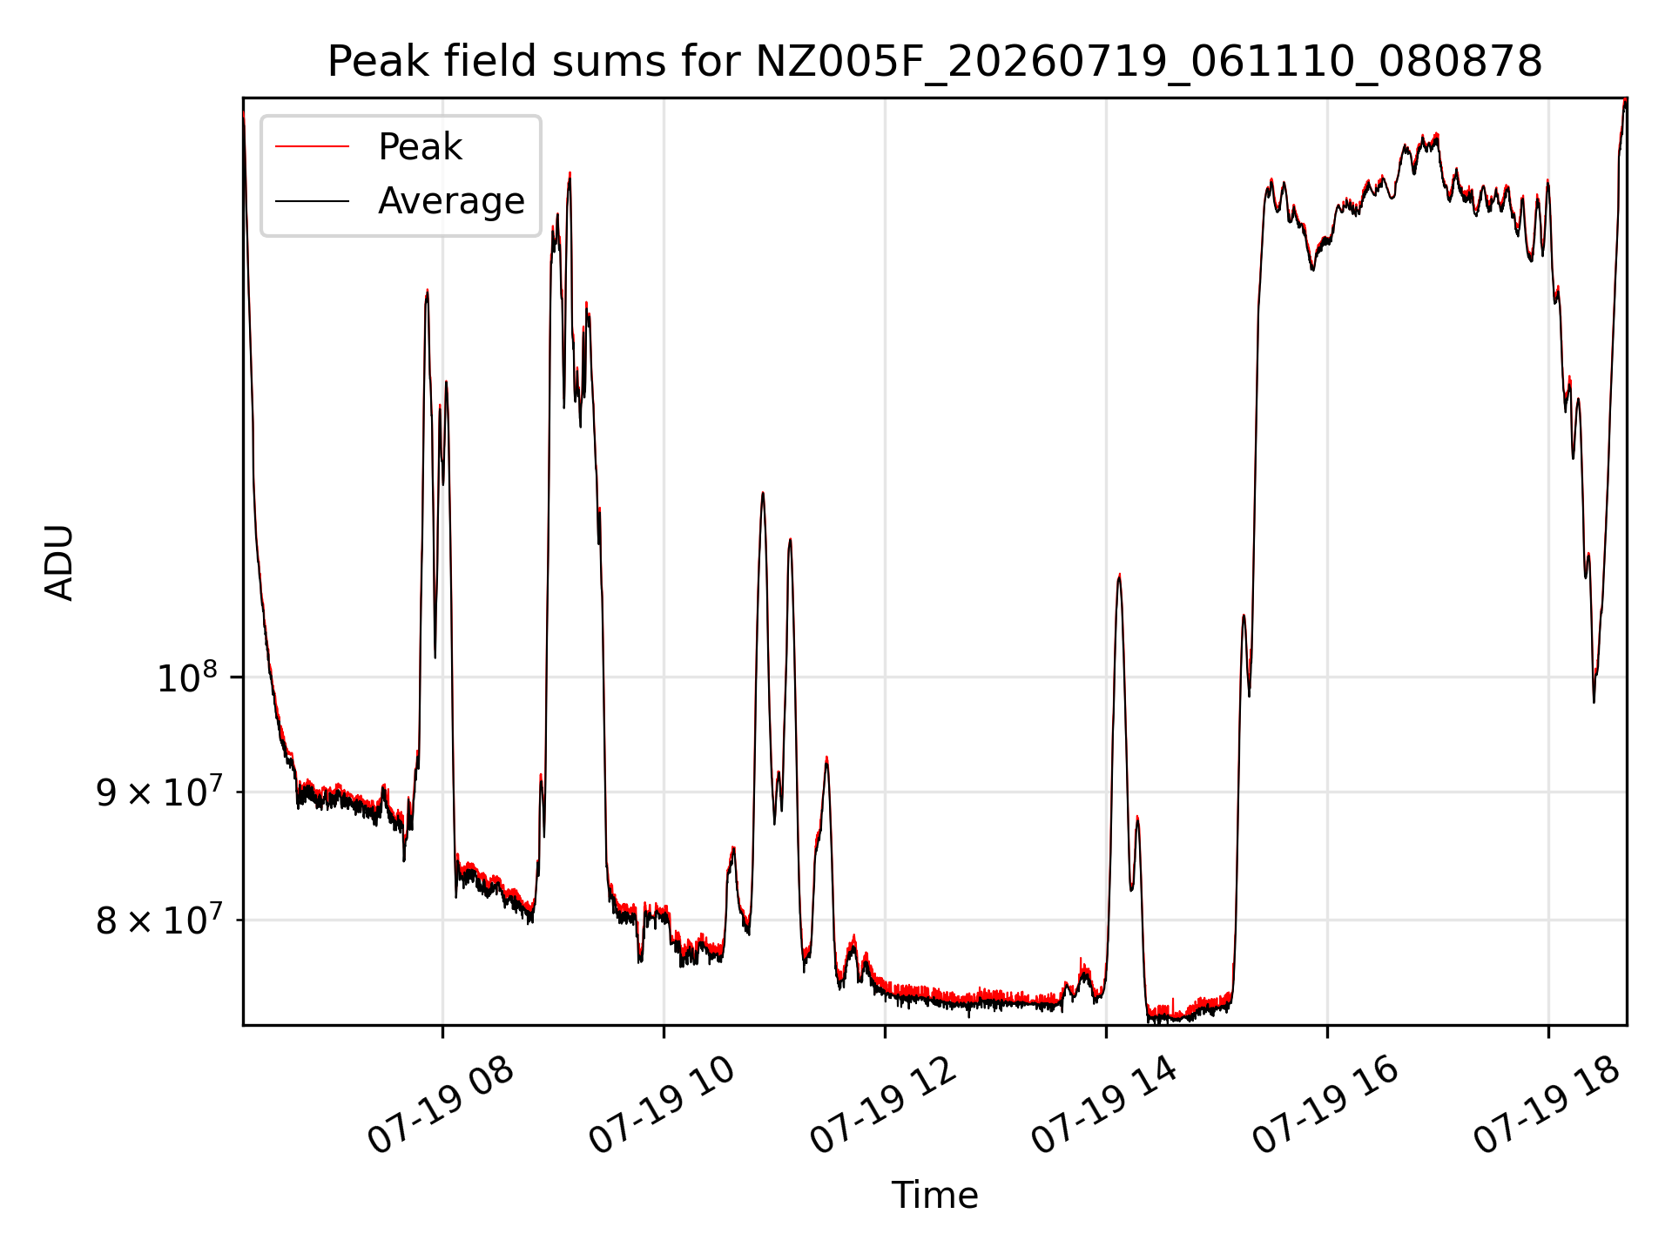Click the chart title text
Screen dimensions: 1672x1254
[934, 62]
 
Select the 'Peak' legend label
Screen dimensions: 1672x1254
[420, 147]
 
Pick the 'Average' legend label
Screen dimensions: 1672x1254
[451, 201]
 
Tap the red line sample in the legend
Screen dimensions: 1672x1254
[312, 147]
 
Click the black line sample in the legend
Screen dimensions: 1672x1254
[312, 201]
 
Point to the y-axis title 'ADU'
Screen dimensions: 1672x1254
[59, 562]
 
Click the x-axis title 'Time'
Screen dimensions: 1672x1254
[934, 1196]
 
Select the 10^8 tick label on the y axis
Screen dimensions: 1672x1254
[186, 677]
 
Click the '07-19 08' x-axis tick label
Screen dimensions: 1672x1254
[441, 1104]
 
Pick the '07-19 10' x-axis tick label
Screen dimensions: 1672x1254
[662, 1104]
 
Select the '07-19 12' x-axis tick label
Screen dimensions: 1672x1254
[883, 1104]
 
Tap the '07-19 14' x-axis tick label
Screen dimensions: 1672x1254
[1104, 1104]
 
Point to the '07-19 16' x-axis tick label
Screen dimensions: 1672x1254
[1325, 1104]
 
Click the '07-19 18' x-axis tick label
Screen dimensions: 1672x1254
[1547, 1104]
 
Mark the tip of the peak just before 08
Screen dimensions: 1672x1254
[427, 290]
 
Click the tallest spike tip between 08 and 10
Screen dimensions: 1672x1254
[570, 172]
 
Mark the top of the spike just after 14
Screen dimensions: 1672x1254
[1119, 574]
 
